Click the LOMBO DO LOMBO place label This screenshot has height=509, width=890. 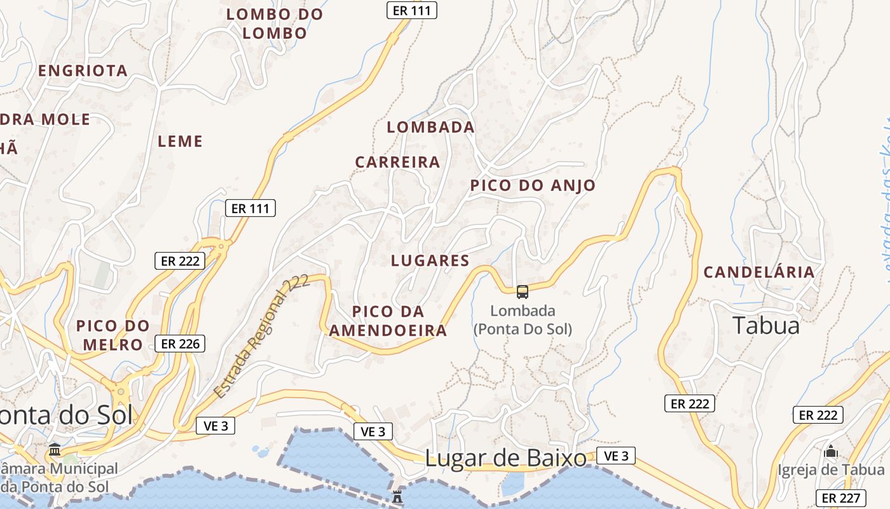point(275,24)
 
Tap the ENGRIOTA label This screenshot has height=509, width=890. point(83,71)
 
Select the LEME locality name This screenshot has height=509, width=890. point(180,141)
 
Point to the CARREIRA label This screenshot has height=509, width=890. point(397,162)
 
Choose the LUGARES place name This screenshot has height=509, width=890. point(430,260)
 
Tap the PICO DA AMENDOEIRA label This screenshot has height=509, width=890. point(388,321)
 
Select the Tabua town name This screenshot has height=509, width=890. point(765,326)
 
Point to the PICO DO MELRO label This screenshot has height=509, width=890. point(113,335)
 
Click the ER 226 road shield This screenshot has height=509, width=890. point(180,344)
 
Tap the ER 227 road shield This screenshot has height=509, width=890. point(841,498)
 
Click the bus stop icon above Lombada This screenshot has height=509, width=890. point(522,292)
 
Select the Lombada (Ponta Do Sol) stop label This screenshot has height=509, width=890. point(523,320)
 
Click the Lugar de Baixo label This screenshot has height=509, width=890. point(505,458)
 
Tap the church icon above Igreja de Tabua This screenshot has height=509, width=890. point(830,452)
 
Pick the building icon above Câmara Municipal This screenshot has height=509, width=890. point(55,450)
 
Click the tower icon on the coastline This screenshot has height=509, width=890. point(397,496)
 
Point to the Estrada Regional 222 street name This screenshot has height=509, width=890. point(261,337)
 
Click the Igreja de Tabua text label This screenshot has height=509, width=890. point(831,470)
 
